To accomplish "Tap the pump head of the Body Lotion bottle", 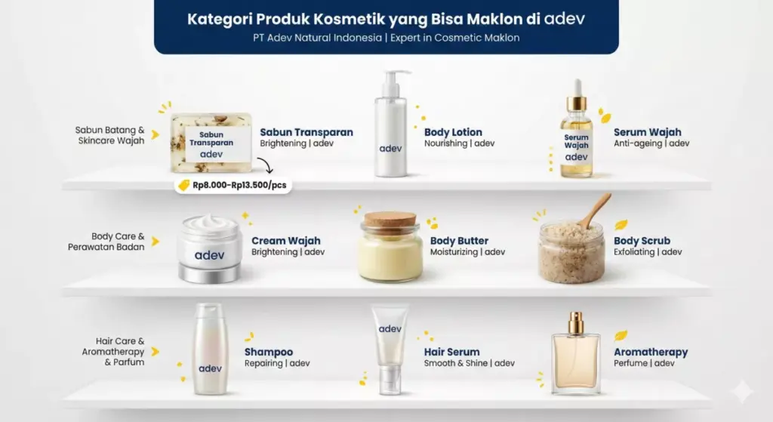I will tap(395, 79).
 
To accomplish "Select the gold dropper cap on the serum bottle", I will tap(577, 99).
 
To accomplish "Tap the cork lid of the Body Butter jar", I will tap(390, 220).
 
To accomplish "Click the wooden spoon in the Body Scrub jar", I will tap(596, 209).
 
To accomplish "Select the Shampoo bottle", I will tap(210, 348).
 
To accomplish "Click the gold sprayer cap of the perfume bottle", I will tap(577, 322).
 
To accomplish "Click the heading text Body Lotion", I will tap(453, 132).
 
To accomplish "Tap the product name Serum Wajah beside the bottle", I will tap(647, 132).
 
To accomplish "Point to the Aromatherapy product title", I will tap(651, 352).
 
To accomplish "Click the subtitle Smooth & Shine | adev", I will tap(469, 363).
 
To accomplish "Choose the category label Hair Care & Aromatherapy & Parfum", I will tap(114, 352).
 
